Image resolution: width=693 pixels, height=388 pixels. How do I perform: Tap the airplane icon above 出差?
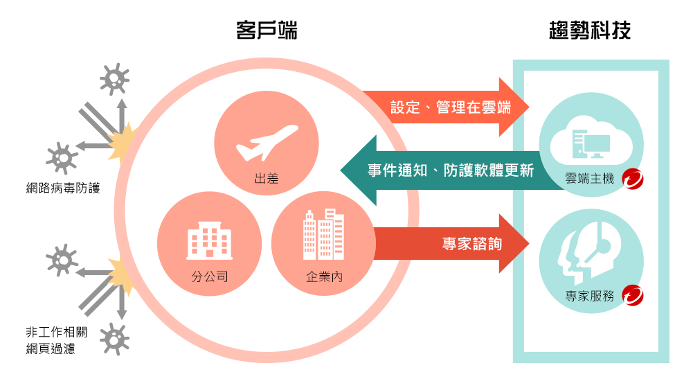click(267, 142)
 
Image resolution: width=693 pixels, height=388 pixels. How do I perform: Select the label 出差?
click(267, 179)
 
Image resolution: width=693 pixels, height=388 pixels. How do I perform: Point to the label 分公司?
click(209, 278)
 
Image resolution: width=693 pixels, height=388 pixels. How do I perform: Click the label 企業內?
click(324, 278)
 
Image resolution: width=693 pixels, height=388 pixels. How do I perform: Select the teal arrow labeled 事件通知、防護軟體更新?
click(443, 170)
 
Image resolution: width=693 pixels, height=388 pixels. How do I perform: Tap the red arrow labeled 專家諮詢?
click(450, 244)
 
